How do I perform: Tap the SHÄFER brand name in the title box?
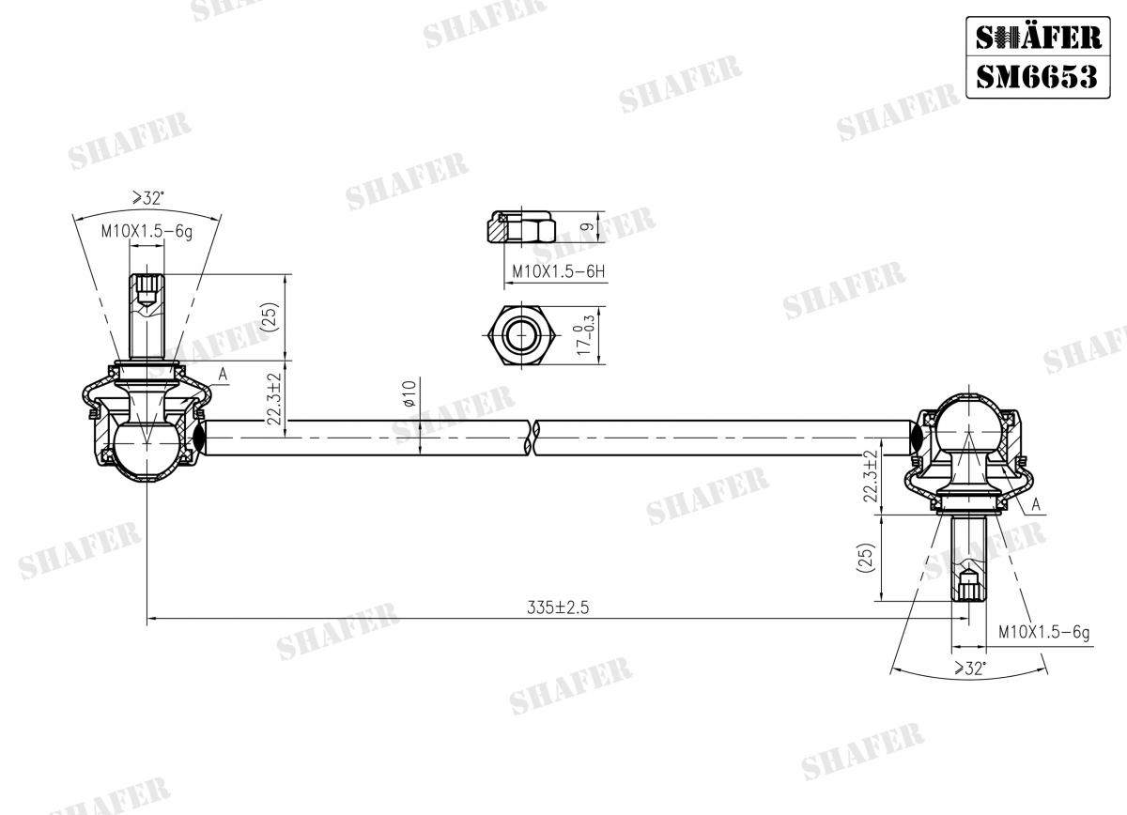click(x=1036, y=37)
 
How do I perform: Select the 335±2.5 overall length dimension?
click(x=558, y=607)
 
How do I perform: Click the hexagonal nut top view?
click(x=517, y=334)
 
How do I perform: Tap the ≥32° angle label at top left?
click(x=147, y=198)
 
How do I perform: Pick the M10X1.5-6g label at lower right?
click(x=1042, y=633)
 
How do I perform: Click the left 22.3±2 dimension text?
click(x=273, y=399)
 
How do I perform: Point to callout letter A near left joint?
click(x=223, y=375)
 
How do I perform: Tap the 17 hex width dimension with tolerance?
click(x=584, y=335)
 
